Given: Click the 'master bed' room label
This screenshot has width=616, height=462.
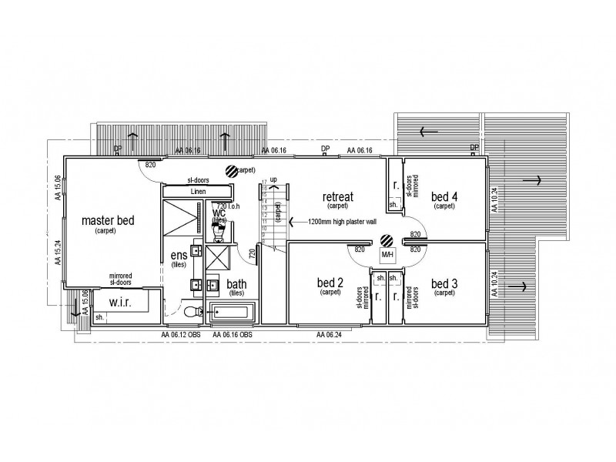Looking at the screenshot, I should point(108,221).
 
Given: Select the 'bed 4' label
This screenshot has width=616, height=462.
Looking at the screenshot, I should point(444,197).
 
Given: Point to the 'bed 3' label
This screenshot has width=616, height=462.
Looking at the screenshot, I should point(444,283).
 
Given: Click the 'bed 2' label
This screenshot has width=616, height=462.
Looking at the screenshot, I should point(330,283).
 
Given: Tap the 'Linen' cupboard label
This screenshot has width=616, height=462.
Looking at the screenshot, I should point(197,191).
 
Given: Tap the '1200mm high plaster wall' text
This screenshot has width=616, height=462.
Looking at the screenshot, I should point(342,221).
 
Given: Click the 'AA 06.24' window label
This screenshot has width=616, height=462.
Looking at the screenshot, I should point(330,335).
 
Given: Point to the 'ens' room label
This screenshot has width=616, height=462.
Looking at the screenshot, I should point(178,256).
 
